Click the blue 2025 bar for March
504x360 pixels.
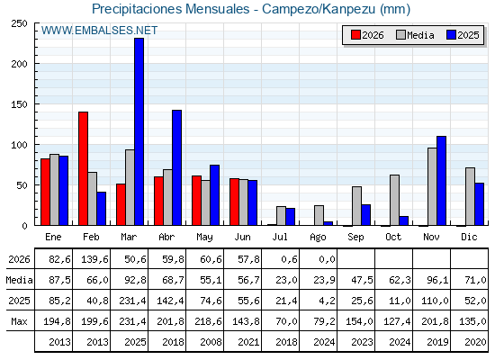(139, 131)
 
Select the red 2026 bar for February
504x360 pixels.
(83, 168)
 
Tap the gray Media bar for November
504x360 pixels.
(432, 186)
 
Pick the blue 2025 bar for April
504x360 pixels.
(176, 167)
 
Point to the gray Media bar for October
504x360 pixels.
(394, 200)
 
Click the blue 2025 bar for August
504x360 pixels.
(328, 223)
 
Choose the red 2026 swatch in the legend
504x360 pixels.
(355, 35)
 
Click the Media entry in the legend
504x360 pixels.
(415, 35)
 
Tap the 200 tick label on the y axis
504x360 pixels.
(19, 64)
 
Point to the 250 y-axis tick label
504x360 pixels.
(19, 23)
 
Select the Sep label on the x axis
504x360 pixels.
(355, 238)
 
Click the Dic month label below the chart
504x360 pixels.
(469, 237)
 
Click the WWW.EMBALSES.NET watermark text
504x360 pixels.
(99, 31)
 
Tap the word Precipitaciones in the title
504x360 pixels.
(138, 9)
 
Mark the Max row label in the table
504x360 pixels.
(19, 321)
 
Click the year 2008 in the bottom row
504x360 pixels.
(211, 342)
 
